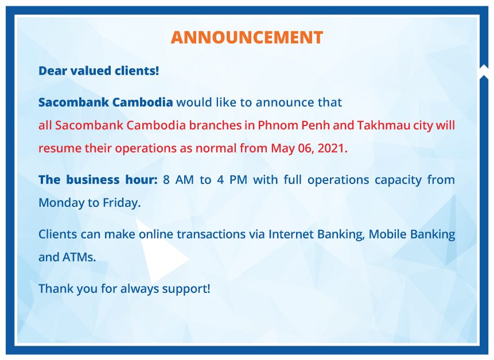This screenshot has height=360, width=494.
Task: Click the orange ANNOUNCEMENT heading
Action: point(247,37)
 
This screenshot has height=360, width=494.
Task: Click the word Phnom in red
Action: point(278,125)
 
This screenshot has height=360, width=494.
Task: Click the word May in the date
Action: point(283,149)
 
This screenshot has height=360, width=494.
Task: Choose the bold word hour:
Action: point(142,179)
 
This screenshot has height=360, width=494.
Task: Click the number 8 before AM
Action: point(166,180)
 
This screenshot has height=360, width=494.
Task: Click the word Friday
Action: point(121,203)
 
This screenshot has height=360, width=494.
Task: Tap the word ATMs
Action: point(79,257)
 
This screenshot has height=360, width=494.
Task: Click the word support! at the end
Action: point(186,289)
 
